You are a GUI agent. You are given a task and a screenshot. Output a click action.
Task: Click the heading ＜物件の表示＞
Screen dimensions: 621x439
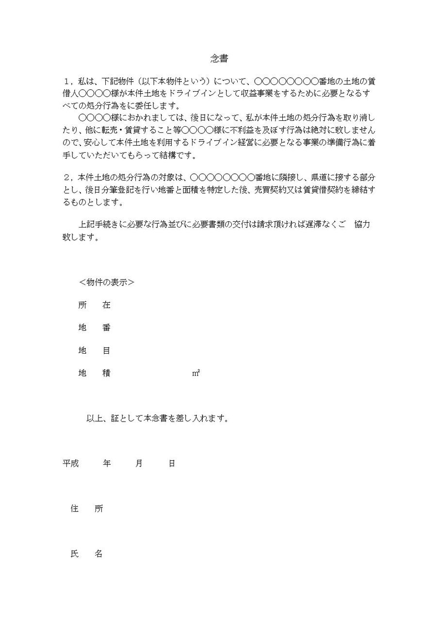tap(106, 282)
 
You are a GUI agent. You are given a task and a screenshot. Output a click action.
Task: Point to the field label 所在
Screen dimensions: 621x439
tap(94, 305)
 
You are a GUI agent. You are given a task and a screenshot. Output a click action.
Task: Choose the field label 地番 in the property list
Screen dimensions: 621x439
tap(94, 327)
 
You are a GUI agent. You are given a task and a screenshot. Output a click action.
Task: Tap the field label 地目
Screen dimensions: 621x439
tap(94, 350)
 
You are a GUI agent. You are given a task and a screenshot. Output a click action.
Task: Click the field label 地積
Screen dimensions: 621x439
tap(94, 373)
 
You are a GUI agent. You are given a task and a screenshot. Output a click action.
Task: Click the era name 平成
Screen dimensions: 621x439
tap(70, 463)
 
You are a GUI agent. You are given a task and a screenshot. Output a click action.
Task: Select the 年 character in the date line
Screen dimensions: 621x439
tap(107, 463)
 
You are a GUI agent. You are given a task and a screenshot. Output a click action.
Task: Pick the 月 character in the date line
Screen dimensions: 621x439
tap(139, 463)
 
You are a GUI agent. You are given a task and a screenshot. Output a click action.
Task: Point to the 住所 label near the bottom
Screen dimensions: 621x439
tap(86, 509)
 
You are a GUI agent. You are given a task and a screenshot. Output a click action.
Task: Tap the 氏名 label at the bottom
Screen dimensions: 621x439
tap(86, 554)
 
